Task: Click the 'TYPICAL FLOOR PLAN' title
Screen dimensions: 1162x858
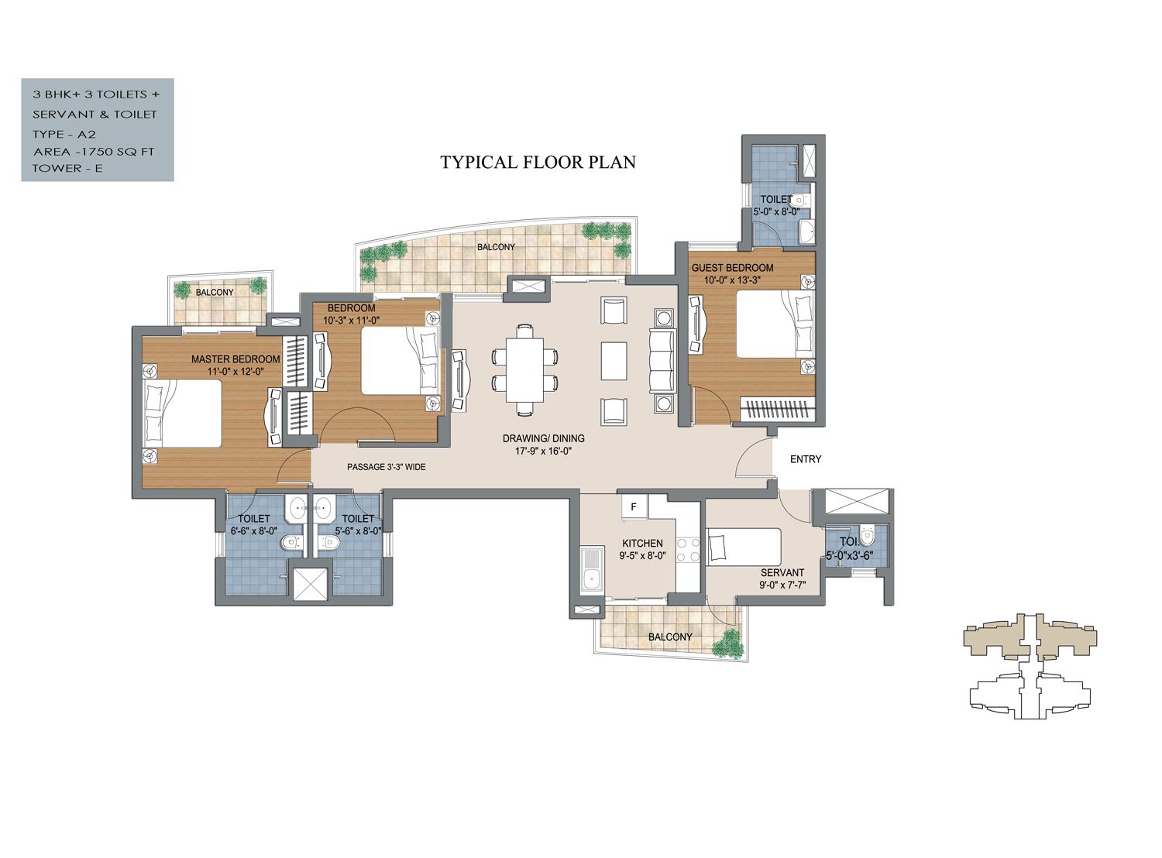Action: point(538,163)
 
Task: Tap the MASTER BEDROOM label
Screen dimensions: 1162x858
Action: point(235,359)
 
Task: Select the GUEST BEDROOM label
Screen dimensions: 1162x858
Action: point(732,268)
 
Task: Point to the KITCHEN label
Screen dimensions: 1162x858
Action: point(642,543)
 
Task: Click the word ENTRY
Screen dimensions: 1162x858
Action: point(805,459)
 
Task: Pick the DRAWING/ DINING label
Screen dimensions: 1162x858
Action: point(543,438)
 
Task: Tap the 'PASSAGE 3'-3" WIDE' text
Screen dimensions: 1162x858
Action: point(386,467)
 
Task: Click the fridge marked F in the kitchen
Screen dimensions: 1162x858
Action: point(634,507)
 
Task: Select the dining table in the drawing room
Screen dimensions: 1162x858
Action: point(524,370)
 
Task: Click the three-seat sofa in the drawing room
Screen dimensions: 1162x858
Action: point(662,360)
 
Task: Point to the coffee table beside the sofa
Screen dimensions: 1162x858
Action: point(614,361)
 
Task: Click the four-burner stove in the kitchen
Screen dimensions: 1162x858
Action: point(688,550)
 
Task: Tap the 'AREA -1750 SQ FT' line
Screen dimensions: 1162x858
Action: point(94,152)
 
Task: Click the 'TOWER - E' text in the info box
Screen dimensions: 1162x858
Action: point(67,169)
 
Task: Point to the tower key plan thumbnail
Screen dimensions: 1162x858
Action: point(1030,666)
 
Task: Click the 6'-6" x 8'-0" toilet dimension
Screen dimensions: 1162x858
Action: point(253,530)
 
